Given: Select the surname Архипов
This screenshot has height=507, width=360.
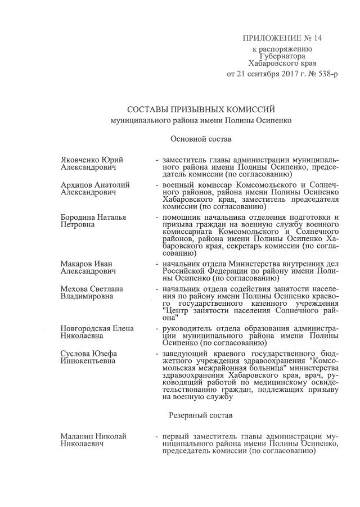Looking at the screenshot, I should [x=75, y=184].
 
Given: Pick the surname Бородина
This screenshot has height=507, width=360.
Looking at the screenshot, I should [x=78, y=217].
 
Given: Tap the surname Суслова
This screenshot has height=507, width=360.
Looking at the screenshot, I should [x=75, y=352].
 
